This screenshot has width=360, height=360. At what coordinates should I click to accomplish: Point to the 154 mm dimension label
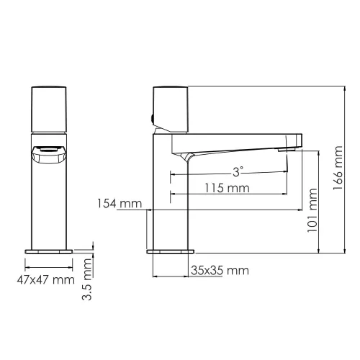pyautogui.click(x=120, y=204)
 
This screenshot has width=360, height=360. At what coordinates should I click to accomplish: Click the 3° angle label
pyautogui.click(x=238, y=171)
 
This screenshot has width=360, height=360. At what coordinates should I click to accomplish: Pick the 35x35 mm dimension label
pyautogui.click(x=220, y=270)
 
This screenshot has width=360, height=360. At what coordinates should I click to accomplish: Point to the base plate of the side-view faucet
pyautogui.click(x=171, y=252)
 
